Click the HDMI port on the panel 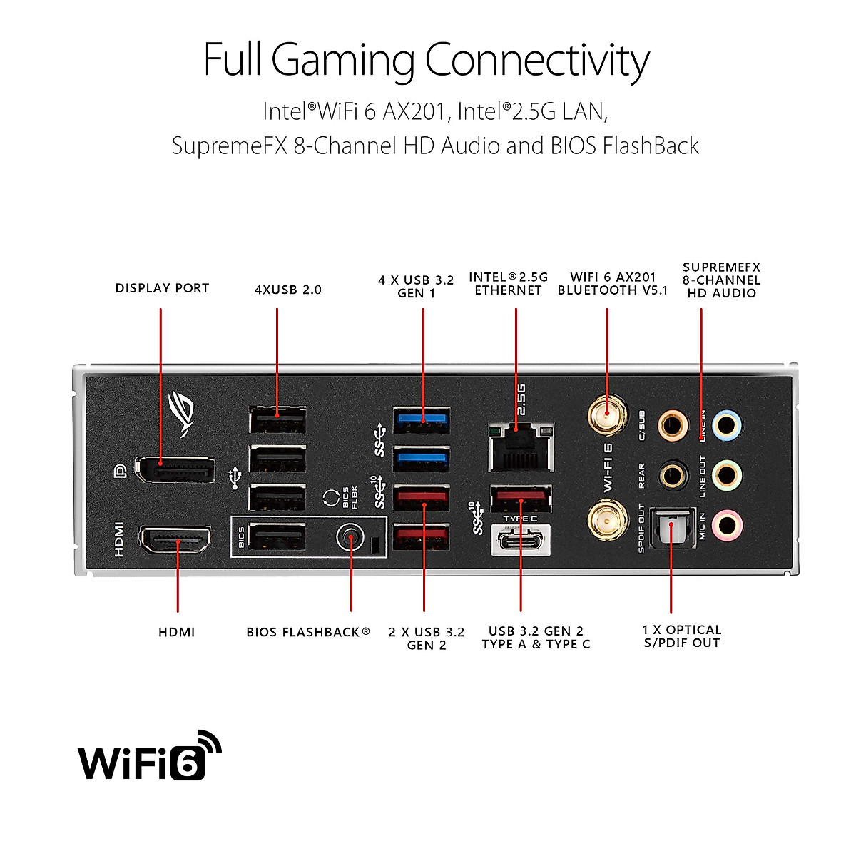tap(175, 540)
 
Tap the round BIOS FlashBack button tap(350, 538)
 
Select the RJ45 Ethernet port tap(521, 447)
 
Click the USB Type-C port tap(521, 541)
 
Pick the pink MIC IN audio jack tap(726, 526)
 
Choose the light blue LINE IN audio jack tap(726, 426)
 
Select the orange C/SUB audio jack tap(672, 426)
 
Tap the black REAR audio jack tap(672, 474)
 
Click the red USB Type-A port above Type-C tap(521, 497)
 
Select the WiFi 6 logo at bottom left tap(149, 757)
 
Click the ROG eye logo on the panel tap(183, 413)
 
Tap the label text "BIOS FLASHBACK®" tap(308, 632)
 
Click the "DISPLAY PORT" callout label tap(162, 288)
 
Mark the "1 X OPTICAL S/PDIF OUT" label tap(681, 636)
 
